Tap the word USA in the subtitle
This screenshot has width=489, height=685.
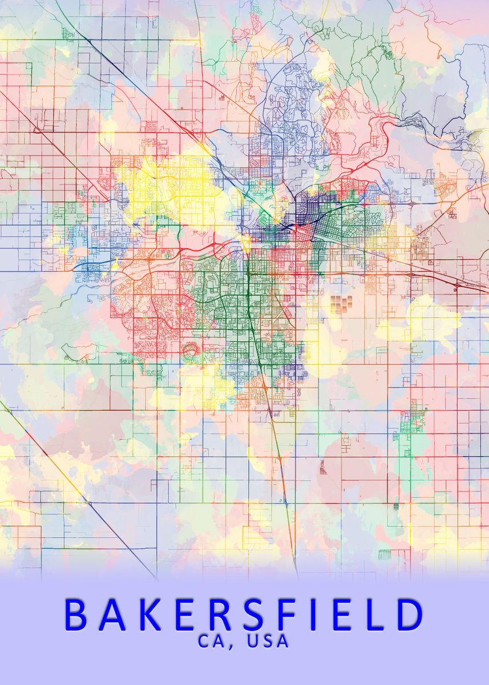[268, 641]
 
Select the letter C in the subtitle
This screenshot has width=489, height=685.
[205, 641]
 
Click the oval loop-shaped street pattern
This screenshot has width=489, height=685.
[190, 349]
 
